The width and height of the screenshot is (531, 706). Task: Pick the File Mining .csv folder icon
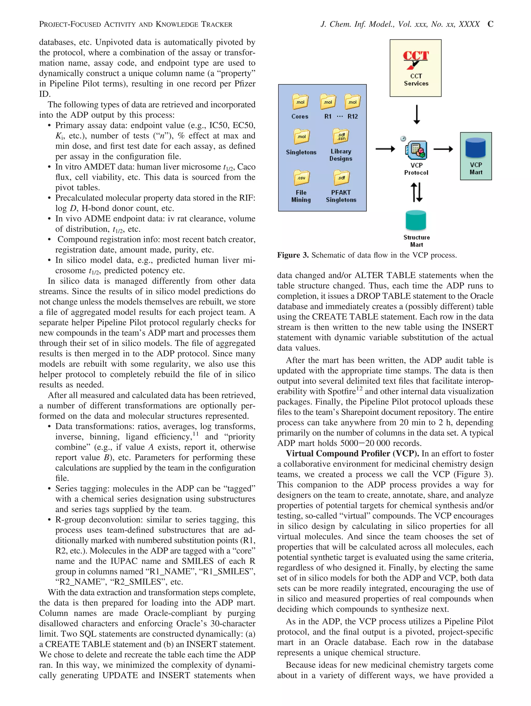tap(301, 178)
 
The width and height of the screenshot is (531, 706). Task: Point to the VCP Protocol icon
tap(416, 150)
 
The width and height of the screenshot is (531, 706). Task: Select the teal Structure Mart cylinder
tap(416, 220)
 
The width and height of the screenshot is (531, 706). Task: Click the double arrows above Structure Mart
tap(416, 192)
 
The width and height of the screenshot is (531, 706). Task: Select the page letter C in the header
tap(490, 24)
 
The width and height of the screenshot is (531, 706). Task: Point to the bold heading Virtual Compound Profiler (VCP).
tap(352, 453)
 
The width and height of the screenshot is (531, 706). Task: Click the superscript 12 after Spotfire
tap(359, 388)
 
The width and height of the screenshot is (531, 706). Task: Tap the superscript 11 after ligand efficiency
tap(195, 434)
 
